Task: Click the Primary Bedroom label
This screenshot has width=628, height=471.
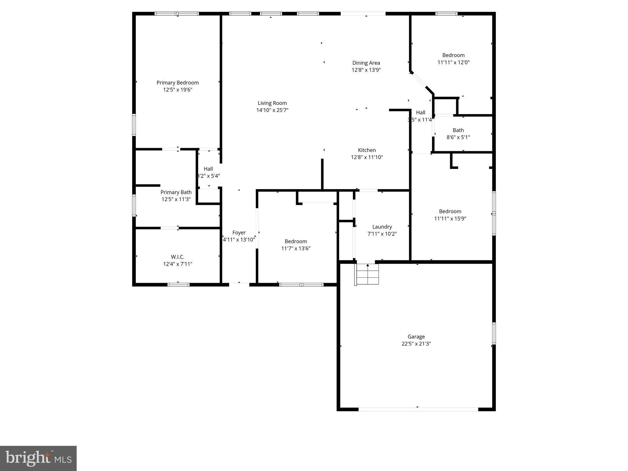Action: pos(178,83)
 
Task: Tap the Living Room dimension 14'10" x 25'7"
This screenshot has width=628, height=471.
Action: pos(272,110)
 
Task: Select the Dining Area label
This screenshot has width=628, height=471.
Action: pos(366,63)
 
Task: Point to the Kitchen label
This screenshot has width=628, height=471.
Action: pos(367,150)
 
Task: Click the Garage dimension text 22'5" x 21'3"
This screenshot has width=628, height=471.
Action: pos(416,344)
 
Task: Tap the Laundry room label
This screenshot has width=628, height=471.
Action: pos(382,227)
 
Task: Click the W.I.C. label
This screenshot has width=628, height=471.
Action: pos(178,257)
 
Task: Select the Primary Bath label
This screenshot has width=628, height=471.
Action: pos(176,192)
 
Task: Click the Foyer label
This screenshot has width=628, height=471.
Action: pos(239,233)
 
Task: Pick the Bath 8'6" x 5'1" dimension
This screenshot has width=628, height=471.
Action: pos(458,137)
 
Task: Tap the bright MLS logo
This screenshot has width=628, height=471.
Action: pos(38,458)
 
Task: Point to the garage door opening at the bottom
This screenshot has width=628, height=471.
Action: pos(418,409)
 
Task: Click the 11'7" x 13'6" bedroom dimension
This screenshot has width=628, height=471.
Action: pos(296,248)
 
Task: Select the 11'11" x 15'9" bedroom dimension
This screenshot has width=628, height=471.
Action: pos(450,219)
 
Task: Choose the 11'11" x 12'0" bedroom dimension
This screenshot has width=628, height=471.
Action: pos(453,62)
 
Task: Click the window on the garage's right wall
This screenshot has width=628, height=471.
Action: pos(494,333)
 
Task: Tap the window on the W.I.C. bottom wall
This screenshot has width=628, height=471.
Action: pos(178,285)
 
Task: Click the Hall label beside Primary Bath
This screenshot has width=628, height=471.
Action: pos(208,169)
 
